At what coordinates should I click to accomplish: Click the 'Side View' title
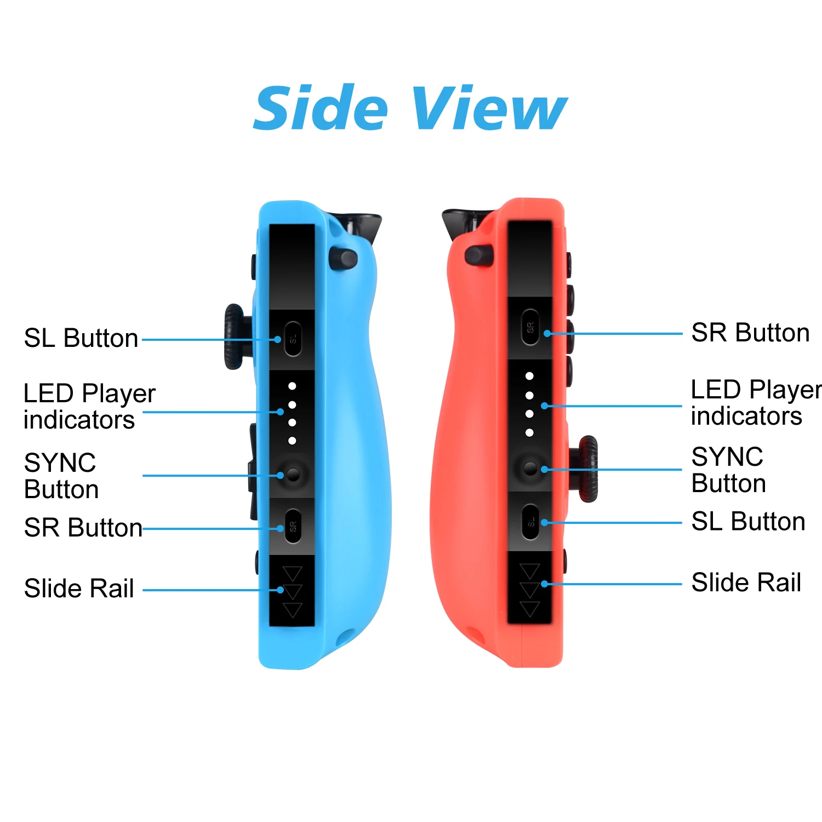click(x=410, y=108)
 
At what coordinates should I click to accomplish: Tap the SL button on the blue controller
click(x=293, y=339)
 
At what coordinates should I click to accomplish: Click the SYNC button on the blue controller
click(x=293, y=474)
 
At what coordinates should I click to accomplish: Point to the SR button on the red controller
click(x=530, y=327)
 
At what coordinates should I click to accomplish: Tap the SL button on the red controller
click(x=530, y=522)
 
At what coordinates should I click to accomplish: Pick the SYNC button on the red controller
click(x=530, y=468)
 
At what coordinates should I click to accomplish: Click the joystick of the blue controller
click(x=235, y=336)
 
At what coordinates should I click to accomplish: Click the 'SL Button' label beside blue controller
click(x=81, y=338)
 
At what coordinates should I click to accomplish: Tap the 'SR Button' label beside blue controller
click(x=83, y=528)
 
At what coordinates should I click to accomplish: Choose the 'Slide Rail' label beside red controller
click(x=746, y=583)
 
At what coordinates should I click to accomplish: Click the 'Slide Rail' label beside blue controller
click(x=79, y=589)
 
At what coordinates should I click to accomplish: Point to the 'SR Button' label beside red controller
click(x=750, y=333)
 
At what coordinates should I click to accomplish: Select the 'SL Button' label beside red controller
click(x=748, y=522)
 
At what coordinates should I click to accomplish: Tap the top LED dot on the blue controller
click(x=292, y=386)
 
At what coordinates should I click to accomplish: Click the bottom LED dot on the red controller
click(x=529, y=433)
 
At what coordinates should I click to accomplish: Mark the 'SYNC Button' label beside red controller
click(x=728, y=470)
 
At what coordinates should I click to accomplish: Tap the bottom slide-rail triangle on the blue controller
click(x=293, y=610)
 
